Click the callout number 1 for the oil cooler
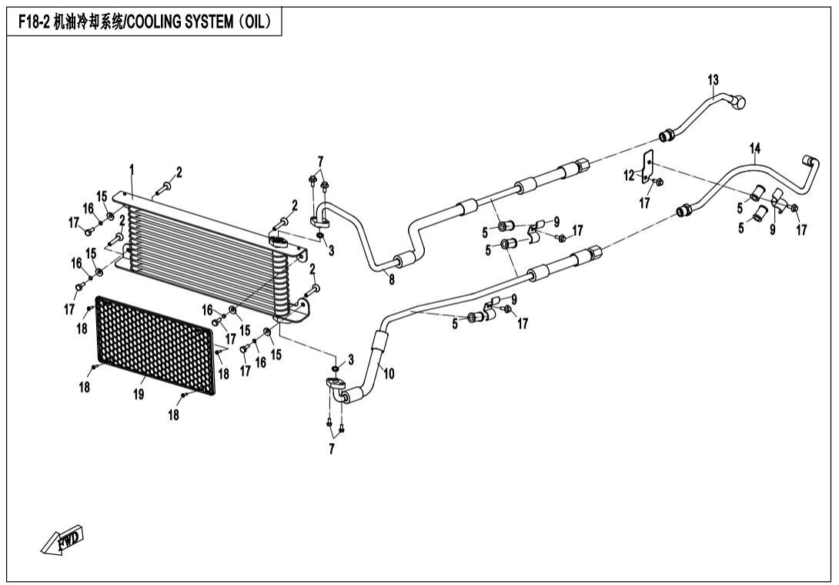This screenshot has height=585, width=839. [132, 169]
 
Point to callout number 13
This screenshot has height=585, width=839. [712, 80]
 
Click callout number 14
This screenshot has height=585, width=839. [755, 148]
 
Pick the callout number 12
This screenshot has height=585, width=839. [630, 176]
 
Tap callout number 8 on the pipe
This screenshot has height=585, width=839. [391, 280]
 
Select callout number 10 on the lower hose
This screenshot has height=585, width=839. [389, 374]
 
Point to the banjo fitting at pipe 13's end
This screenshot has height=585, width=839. [740, 101]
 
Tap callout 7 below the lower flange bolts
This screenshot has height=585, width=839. [332, 449]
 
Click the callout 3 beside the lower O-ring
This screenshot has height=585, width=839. [350, 359]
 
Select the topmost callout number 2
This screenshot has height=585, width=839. [179, 172]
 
